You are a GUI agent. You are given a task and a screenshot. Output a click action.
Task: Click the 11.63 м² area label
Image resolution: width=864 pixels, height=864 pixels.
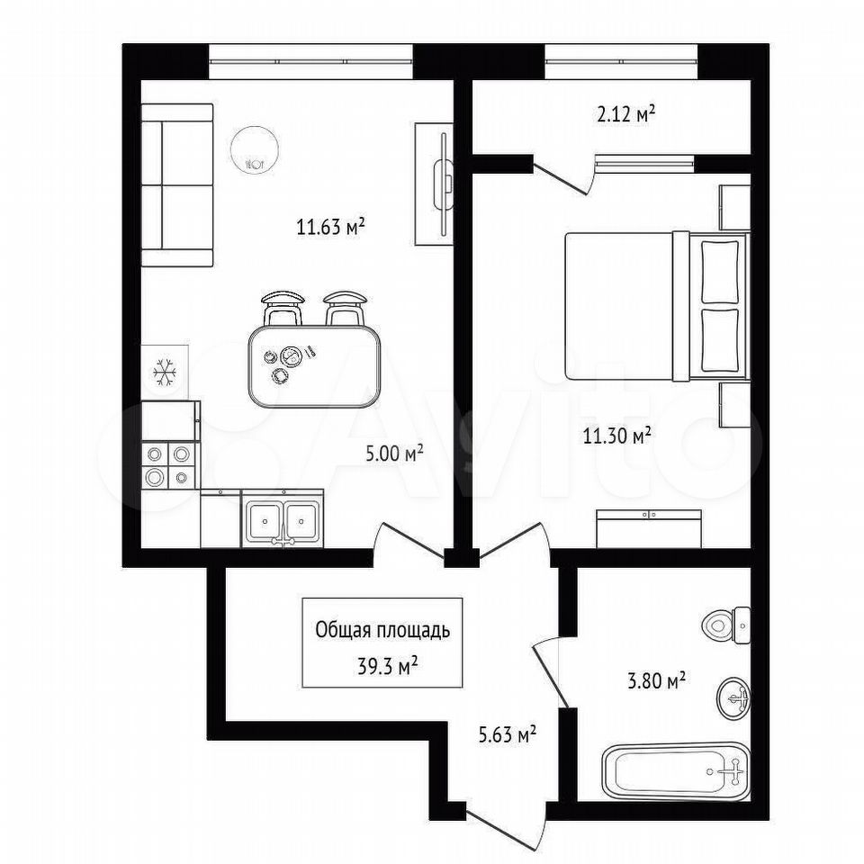[331, 227]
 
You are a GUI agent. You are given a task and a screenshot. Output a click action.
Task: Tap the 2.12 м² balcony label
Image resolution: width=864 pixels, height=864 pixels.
[626, 114]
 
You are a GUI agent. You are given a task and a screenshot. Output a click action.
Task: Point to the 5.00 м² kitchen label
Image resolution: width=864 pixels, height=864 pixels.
[394, 454]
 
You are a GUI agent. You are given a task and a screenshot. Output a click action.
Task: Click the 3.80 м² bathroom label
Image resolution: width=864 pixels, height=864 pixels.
[656, 681]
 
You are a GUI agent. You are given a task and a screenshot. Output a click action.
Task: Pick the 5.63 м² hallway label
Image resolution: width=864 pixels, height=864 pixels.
[508, 734]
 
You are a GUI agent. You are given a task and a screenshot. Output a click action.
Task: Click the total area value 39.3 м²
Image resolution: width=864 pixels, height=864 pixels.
[387, 667]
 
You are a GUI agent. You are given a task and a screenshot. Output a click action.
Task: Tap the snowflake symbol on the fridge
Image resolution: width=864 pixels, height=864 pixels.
[165, 372]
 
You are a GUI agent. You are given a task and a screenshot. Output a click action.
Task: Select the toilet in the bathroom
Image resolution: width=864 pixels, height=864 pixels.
[726, 625]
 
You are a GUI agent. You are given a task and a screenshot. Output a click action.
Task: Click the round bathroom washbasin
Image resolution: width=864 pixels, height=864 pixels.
[733, 698]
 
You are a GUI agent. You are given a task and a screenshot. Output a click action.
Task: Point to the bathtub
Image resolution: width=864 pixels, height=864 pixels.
[676, 772]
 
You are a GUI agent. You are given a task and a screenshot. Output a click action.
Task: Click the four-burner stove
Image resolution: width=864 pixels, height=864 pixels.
[168, 465]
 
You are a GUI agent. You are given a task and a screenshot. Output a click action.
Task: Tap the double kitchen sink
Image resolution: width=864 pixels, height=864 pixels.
[282, 519]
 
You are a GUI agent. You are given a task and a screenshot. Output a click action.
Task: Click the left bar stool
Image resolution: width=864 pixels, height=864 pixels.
[283, 309]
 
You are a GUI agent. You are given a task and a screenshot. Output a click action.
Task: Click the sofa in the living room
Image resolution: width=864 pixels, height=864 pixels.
[177, 185]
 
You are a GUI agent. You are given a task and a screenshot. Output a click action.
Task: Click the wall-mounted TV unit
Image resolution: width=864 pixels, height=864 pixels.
[434, 184]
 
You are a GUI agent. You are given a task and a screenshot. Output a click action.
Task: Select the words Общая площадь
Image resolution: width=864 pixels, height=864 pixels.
[382, 630]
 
